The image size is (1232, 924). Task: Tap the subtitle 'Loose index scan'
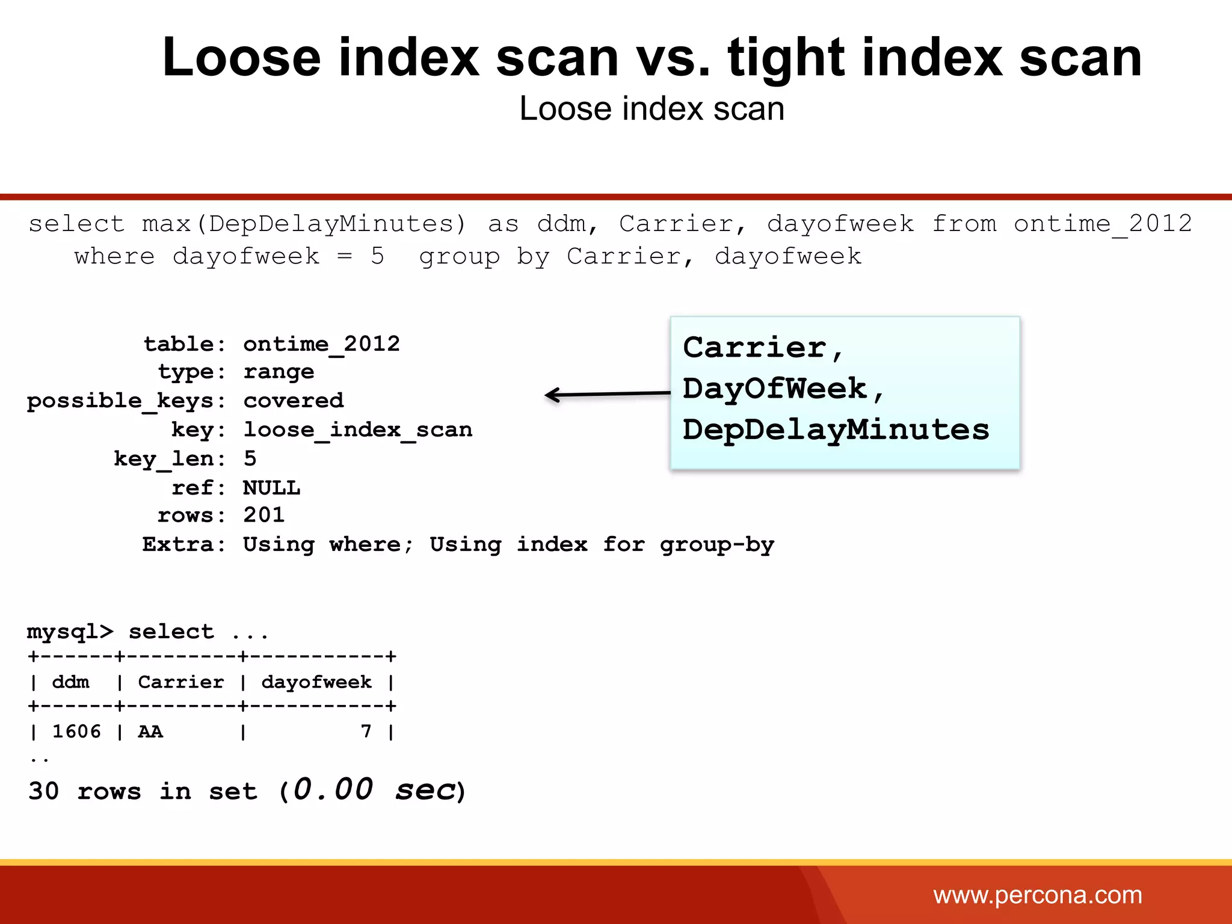click(651, 109)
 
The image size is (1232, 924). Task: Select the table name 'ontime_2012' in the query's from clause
click(1102, 224)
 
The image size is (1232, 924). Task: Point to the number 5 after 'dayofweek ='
click(377, 256)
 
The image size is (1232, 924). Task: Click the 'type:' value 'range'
click(279, 372)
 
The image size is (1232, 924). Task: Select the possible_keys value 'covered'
click(294, 401)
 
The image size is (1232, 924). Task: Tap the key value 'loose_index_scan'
click(358, 430)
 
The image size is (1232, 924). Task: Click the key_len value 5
click(250, 458)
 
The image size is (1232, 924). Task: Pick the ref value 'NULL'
click(271, 487)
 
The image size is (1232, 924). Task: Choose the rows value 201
click(264, 516)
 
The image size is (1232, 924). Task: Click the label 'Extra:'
click(183, 544)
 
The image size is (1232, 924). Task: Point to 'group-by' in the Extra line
click(716, 544)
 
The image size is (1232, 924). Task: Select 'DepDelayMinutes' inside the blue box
click(836, 430)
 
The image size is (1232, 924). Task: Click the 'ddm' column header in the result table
click(70, 682)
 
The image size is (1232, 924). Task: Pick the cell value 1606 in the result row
click(76, 731)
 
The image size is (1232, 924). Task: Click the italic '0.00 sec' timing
click(374, 790)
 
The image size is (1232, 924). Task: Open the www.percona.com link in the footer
click(1037, 895)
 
